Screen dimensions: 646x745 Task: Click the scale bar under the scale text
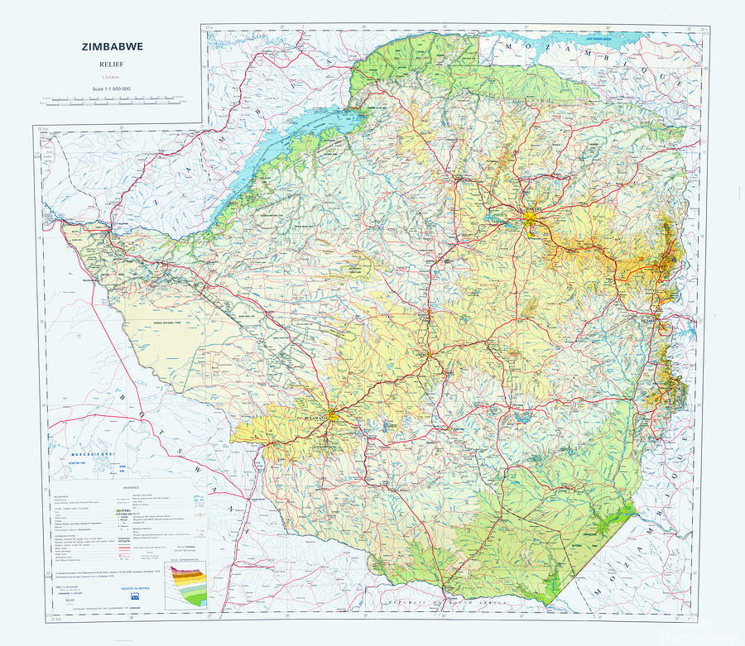pos(112,100)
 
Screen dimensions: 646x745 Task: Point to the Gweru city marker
pos(430,356)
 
